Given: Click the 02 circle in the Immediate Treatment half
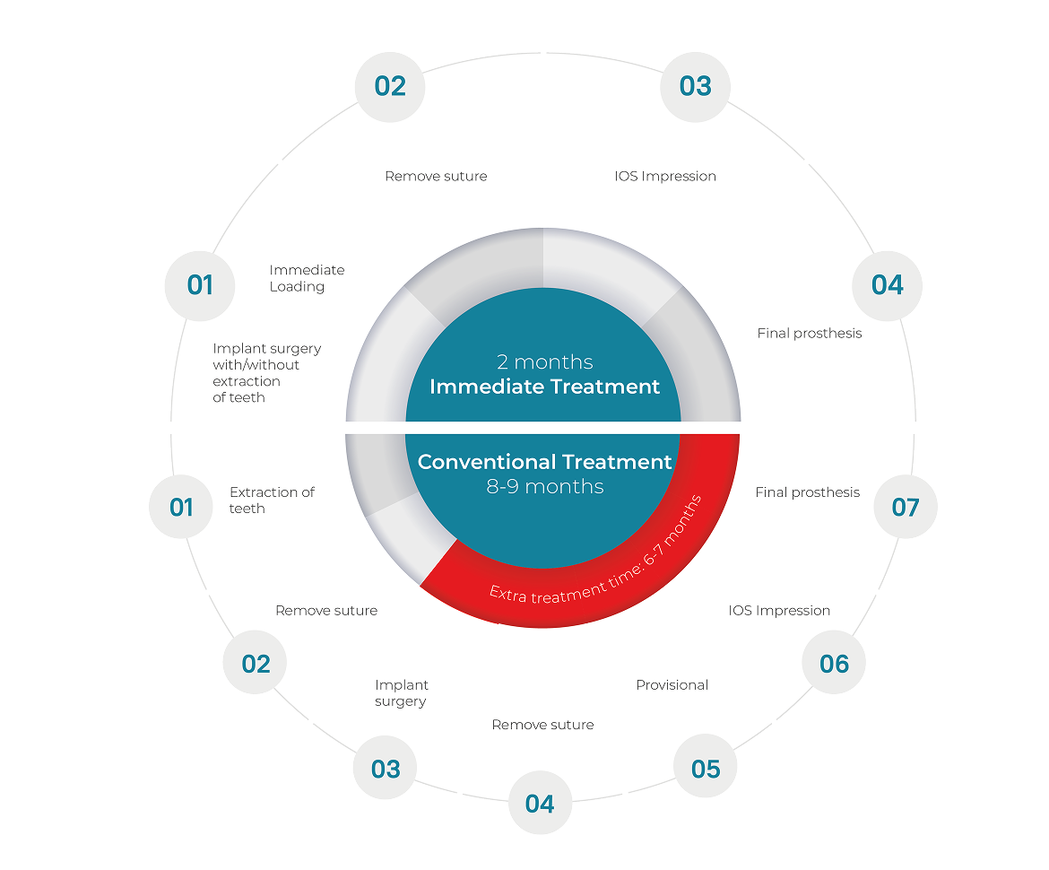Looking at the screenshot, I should click(390, 86).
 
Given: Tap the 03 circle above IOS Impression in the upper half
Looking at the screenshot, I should click(695, 86).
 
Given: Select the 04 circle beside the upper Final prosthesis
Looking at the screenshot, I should click(888, 284).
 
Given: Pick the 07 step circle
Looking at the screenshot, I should click(906, 507).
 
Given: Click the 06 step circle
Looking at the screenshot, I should click(834, 664).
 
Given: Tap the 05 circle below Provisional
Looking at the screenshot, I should click(706, 769).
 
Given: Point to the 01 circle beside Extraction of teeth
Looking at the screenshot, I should click(181, 507).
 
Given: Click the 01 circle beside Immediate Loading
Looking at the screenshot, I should click(200, 284).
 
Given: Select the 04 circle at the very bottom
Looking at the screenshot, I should click(540, 804).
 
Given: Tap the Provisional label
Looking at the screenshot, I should click(672, 685).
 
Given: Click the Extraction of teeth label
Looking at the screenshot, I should click(272, 500).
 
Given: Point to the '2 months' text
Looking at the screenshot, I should click(545, 362).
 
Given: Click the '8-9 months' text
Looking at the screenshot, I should click(545, 487).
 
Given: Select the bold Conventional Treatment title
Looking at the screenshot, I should click(545, 462).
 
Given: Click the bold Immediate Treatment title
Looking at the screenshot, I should click(545, 387).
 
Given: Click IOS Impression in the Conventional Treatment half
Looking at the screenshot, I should click(779, 611).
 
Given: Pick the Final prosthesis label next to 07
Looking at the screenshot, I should click(807, 492).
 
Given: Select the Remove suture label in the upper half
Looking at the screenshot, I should click(436, 176).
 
